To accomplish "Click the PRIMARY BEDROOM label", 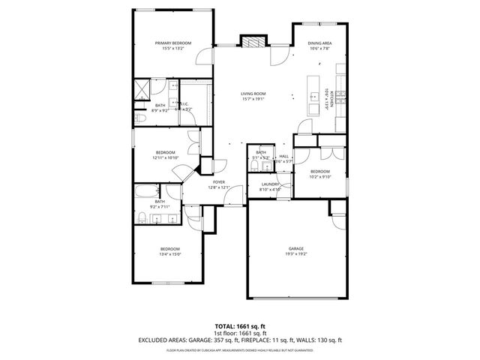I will click(x=172, y=43).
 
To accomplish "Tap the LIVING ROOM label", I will click(x=253, y=94).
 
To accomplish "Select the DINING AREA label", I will click(x=319, y=43).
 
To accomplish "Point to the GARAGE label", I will click(x=296, y=248).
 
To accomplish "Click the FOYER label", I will click(x=219, y=182).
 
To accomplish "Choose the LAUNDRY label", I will click(x=270, y=184).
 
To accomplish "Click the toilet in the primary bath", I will click(x=140, y=118).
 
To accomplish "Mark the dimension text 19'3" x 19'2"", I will click(x=296, y=254).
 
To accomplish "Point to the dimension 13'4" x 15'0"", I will click(x=169, y=254).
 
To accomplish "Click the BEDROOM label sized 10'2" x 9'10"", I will click(x=320, y=172).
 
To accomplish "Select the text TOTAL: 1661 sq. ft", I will click(x=240, y=326).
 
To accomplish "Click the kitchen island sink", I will click(x=311, y=95).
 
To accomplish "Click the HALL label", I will click(x=283, y=156).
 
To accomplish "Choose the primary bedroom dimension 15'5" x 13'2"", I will click(x=172, y=49).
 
